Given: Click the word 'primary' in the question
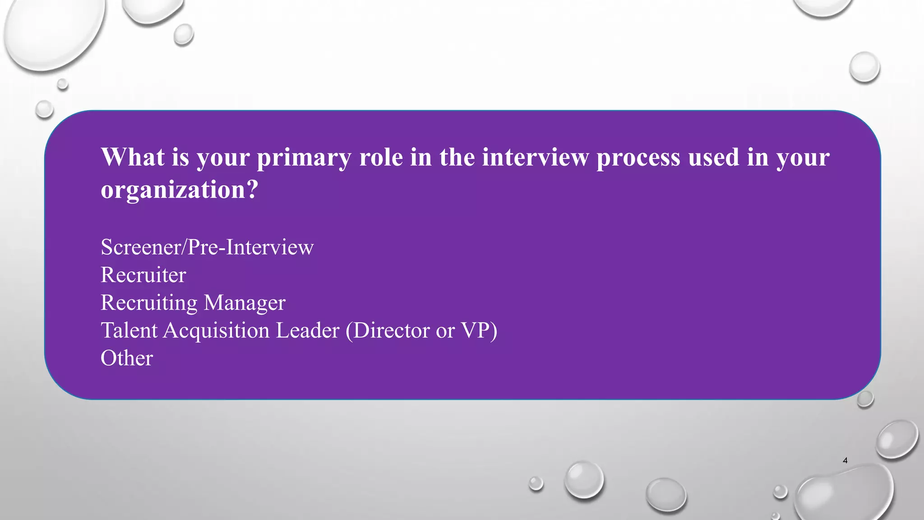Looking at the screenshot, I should click(x=304, y=158).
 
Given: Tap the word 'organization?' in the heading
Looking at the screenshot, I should click(x=179, y=190).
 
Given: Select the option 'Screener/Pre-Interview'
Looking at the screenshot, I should click(x=207, y=247).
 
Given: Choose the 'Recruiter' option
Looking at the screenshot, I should click(x=143, y=275).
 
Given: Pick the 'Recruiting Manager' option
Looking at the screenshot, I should click(x=193, y=303).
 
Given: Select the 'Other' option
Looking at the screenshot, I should click(x=127, y=358).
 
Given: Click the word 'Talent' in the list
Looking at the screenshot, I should click(x=129, y=330).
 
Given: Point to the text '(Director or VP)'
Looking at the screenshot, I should click(x=421, y=330).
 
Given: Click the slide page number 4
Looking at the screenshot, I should click(x=845, y=460).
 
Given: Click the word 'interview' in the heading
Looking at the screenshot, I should click(x=536, y=157).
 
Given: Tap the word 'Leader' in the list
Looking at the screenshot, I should click(x=307, y=330).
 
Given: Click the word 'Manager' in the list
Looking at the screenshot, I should click(x=245, y=303).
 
